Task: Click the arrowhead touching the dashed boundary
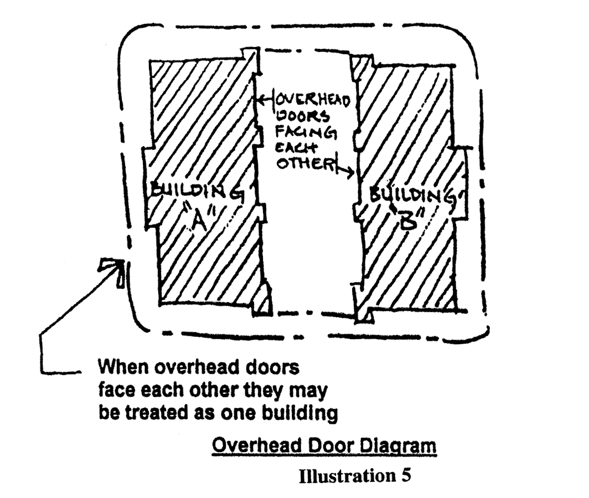point(113,268)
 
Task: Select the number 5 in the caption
point(406,476)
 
